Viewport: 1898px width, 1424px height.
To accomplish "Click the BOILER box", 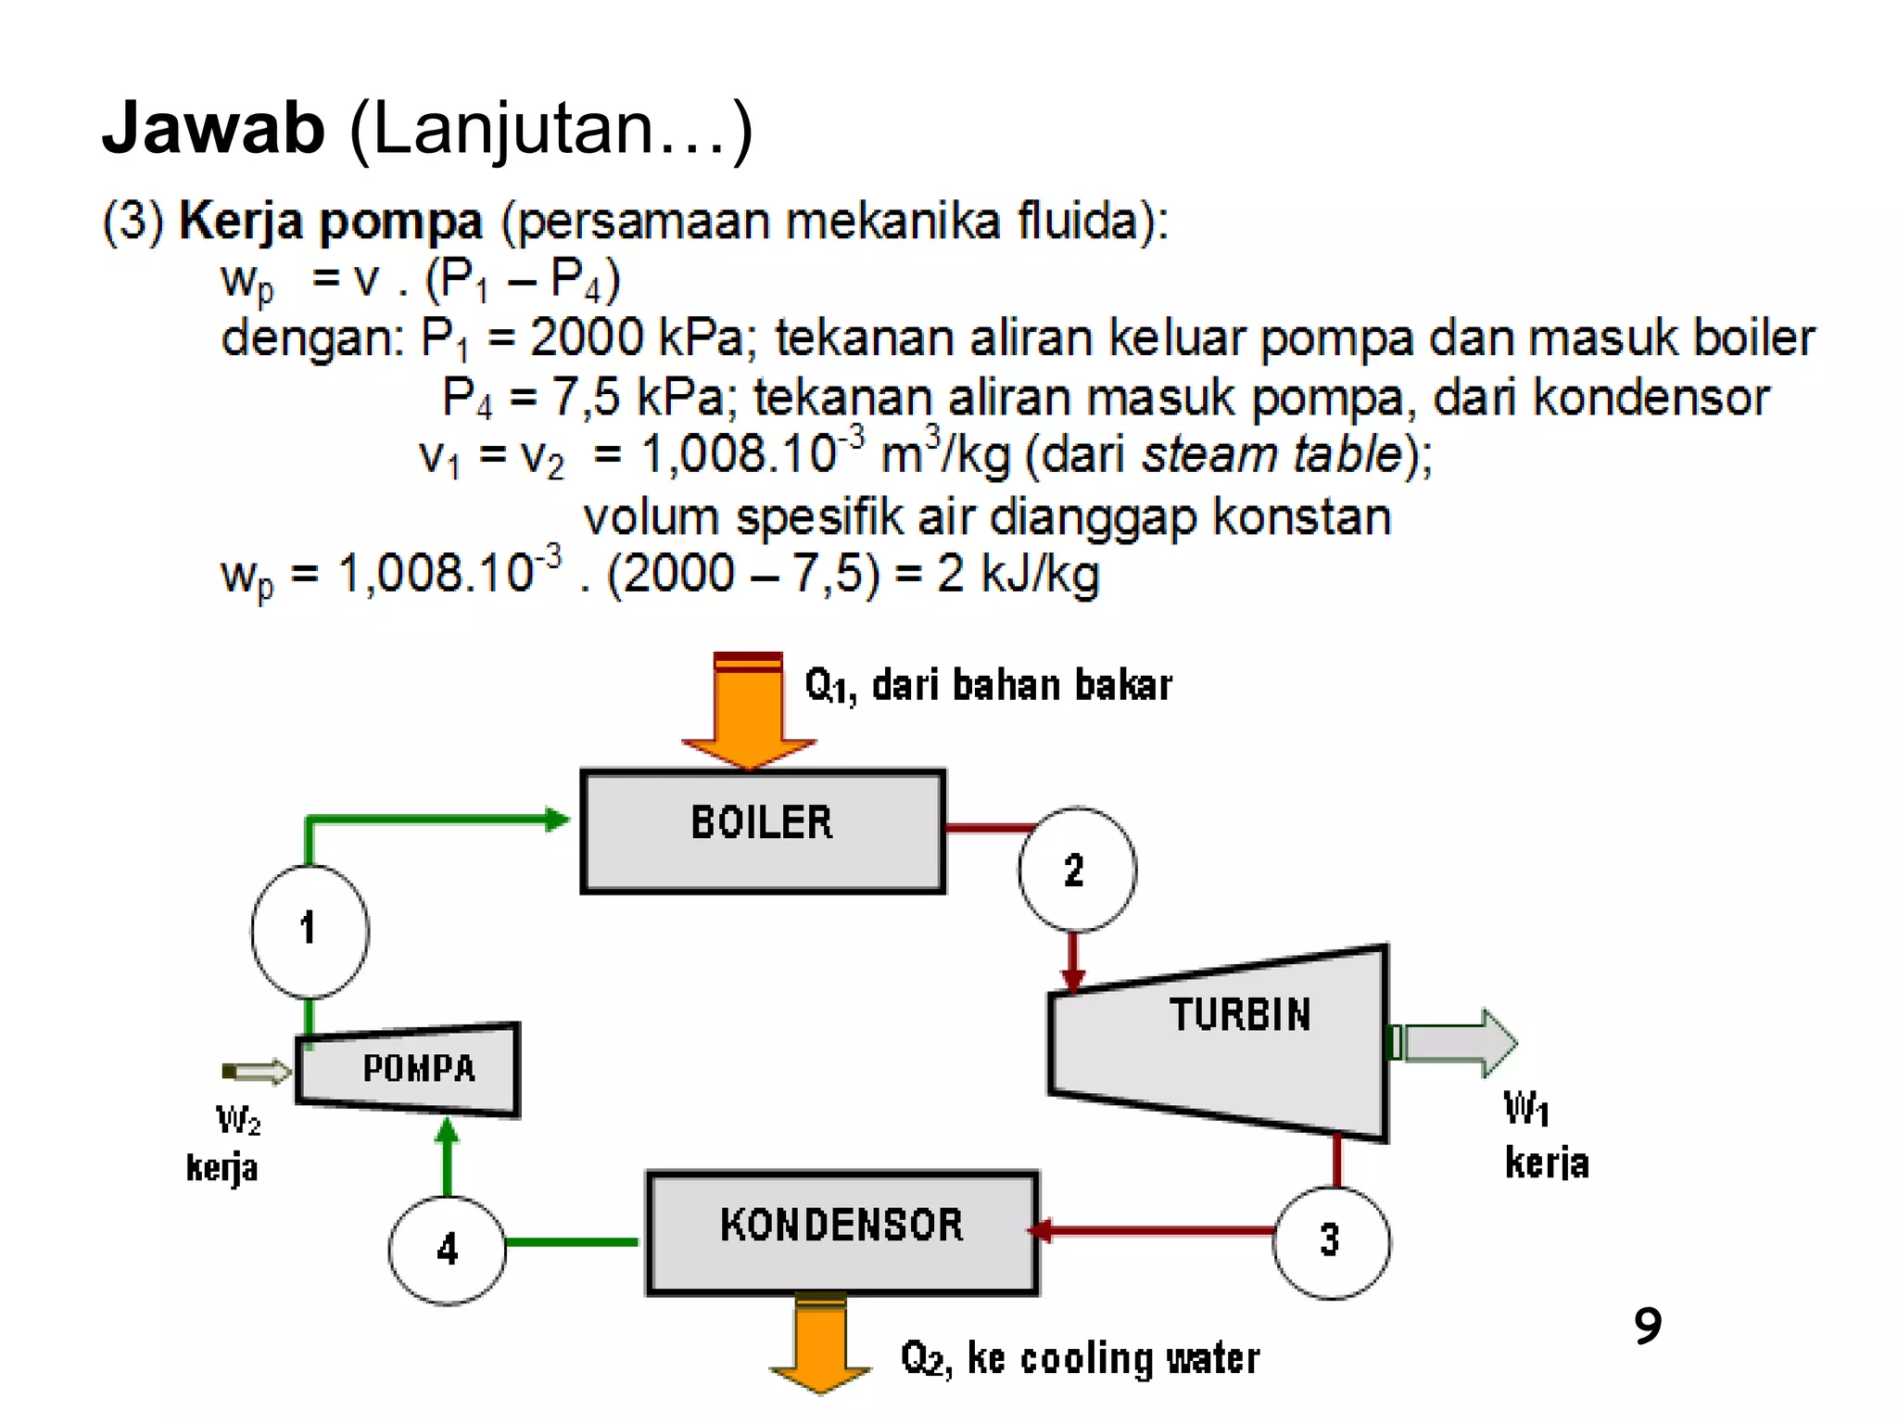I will click(762, 831).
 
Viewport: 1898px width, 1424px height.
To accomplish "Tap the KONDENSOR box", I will click(841, 1232).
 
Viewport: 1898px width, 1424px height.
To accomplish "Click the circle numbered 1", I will click(310, 930).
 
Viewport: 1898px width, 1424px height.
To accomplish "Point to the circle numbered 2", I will click(1076, 870).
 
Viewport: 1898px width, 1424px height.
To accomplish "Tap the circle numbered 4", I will click(448, 1249).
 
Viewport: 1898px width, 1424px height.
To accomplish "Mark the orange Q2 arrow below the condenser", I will click(820, 1341).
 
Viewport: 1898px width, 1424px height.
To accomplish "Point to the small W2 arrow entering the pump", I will click(259, 1072).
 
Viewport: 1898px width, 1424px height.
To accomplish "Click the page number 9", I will click(1648, 1325).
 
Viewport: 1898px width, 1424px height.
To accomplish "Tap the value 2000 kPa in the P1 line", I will click(638, 337).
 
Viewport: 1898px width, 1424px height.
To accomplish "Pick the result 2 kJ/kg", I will click(1018, 574).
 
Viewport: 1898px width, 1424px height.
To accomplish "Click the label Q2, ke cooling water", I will click(1080, 1359).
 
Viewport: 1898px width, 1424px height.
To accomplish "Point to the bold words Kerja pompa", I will click(330, 222).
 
